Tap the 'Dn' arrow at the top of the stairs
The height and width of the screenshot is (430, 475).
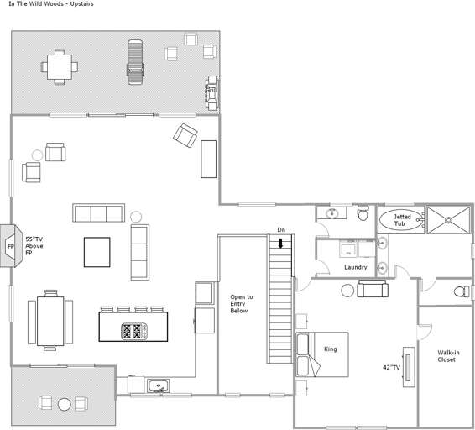click(281, 243)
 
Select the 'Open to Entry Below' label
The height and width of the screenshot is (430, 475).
click(241, 304)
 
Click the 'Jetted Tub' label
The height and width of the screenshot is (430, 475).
click(402, 220)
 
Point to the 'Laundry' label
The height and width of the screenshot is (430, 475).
click(356, 267)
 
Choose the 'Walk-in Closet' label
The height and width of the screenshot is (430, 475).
click(447, 356)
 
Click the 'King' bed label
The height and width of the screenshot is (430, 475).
click(330, 349)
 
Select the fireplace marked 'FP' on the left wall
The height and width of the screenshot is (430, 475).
click(11, 246)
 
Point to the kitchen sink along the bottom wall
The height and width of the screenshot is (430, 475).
click(158, 386)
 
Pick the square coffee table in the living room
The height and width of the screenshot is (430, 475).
click(97, 252)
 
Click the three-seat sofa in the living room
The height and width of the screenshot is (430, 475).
click(97, 212)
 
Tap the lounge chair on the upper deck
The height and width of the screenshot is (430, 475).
click(134, 61)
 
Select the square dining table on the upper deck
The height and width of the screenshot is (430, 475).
click(59, 65)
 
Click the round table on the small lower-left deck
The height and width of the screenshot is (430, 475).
click(65, 404)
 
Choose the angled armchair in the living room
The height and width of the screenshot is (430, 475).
click(185, 134)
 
